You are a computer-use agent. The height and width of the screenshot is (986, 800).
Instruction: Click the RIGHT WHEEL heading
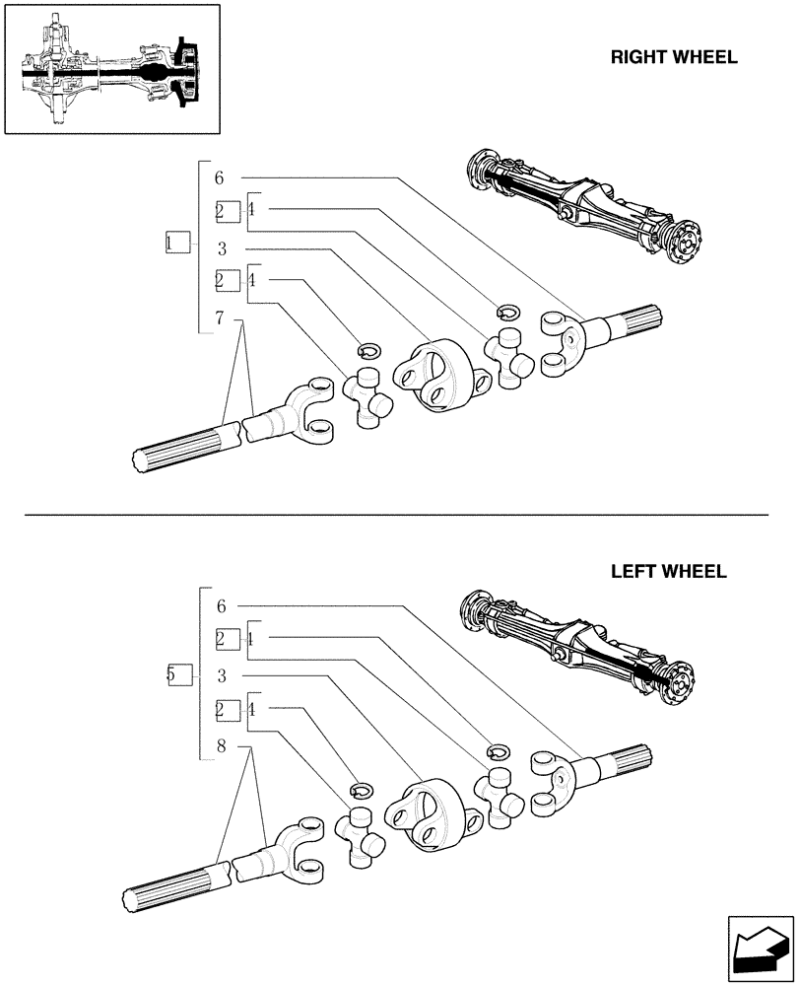(x=673, y=57)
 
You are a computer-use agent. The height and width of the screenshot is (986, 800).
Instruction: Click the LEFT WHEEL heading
(x=668, y=572)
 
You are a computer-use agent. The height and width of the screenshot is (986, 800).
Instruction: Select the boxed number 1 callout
(x=176, y=243)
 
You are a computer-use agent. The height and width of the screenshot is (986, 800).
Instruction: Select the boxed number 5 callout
(x=178, y=675)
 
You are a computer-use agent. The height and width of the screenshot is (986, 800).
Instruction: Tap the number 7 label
(x=220, y=317)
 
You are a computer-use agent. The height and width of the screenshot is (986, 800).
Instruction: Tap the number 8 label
(x=222, y=747)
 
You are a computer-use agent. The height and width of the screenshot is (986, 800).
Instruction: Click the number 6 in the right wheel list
(x=219, y=177)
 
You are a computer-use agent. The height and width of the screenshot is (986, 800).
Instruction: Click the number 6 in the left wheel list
(x=222, y=605)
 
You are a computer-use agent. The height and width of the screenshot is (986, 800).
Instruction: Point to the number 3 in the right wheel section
(x=223, y=248)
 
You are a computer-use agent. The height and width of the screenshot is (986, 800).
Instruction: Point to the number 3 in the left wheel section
(x=223, y=676)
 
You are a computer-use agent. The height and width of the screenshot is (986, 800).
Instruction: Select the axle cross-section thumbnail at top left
(x=112, y=70)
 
